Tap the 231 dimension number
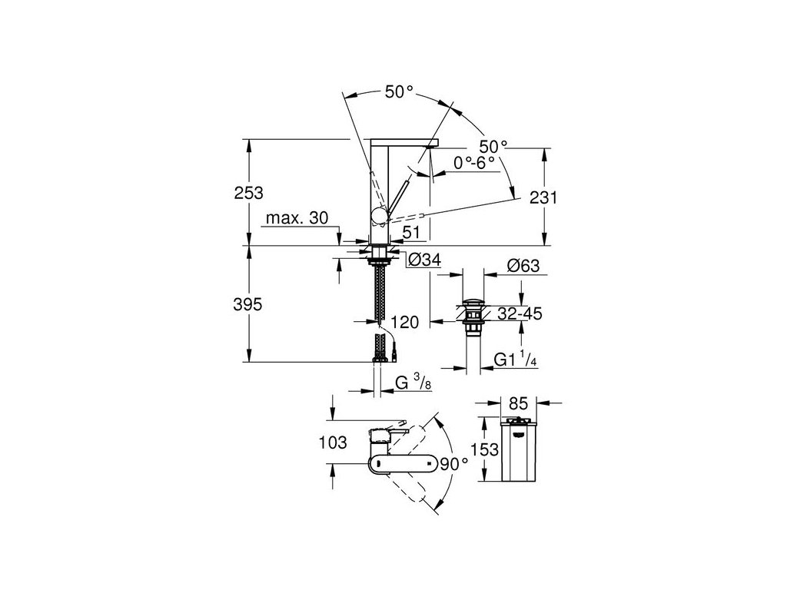(543, 197)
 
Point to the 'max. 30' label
(297, 219)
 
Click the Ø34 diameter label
(420, 261)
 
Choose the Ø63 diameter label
(523, 267)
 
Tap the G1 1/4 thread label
(517, 359)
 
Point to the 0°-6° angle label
(474, 163)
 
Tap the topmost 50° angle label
(399, 91)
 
